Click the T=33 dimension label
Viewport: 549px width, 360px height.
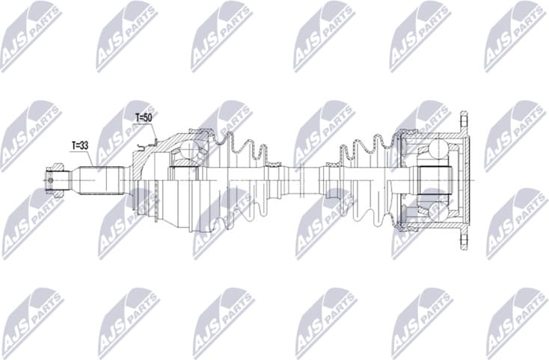[80, 144]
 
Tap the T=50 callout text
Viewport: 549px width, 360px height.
[144, 118]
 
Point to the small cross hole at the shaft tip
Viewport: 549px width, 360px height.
[50, 180]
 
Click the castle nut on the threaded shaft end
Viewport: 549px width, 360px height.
[56, 180]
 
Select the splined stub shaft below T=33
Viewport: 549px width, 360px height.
[101, 180]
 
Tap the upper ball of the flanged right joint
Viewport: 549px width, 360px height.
[433, 150]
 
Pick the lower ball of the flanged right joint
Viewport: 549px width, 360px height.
[433, 212]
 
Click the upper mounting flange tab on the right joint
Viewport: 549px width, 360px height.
[464, 123]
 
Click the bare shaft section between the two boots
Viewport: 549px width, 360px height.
[302, 180]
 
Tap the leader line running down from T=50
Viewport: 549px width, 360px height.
[153, 132]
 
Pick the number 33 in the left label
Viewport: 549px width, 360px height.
[85, 144]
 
